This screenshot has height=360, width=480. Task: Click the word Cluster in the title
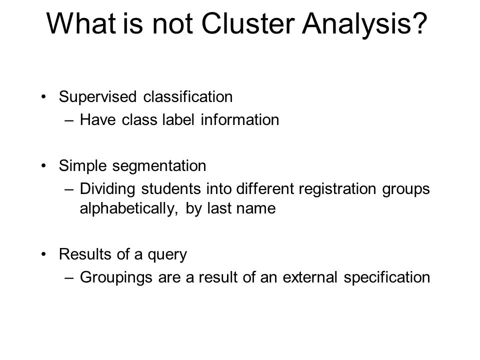tap(248, 23)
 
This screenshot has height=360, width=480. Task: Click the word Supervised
tap(97, 97)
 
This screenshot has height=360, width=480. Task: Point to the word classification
tap(188, 96)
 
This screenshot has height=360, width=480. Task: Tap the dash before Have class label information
tap(69, 120)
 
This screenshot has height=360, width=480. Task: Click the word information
tap(240, 119)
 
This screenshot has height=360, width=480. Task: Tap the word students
tap(171, 188)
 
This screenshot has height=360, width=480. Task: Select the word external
tap(310, 277)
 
